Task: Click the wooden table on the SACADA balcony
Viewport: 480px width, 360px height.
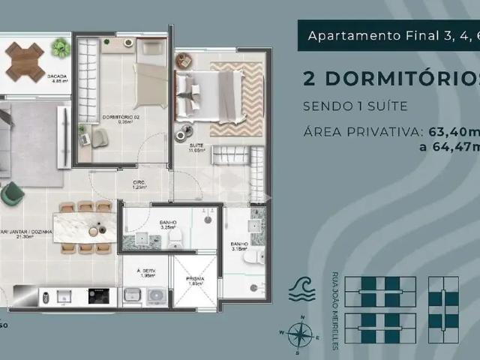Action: pos(25,61)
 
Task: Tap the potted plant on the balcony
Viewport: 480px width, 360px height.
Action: pos(60,48)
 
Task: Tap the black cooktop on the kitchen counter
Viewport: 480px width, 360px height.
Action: pos(98,295)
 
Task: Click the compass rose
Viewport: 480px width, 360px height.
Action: pos(299,334)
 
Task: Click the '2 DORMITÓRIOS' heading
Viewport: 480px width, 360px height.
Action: pos(390,79)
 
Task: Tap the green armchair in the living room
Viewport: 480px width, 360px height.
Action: pos(10,193)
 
